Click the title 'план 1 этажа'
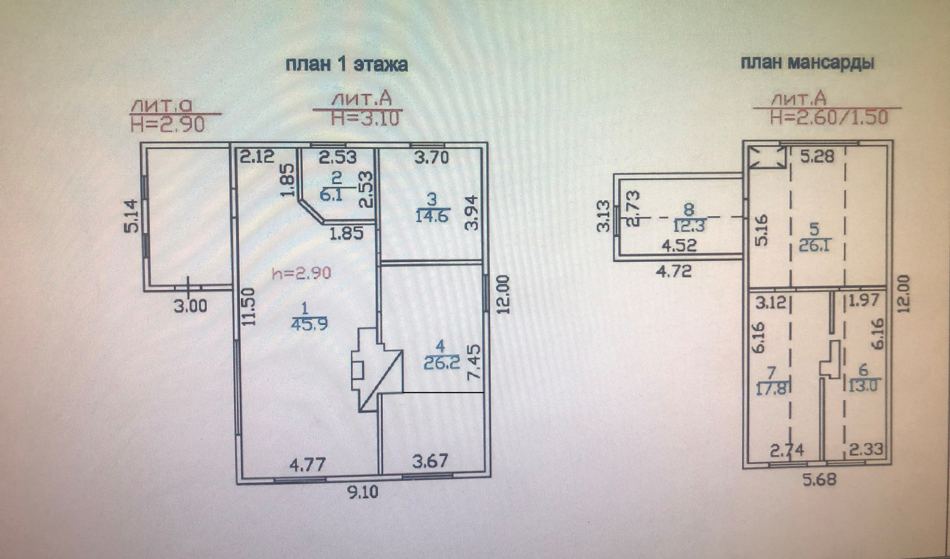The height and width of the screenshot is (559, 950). tap(346, 64)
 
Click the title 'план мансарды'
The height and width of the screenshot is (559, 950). tap(807, 63)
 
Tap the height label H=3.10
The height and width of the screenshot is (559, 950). tap(365, 119)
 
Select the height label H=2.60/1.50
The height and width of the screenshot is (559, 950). tap(829, 117)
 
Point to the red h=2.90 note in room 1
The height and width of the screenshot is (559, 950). tap(301, 273)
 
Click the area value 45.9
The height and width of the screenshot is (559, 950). tap(309, 325)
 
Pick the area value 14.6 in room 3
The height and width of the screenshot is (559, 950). tap(431, 216)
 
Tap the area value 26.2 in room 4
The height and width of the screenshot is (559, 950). tap(441, 363)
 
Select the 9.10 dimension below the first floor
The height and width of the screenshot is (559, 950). tap(362, 492)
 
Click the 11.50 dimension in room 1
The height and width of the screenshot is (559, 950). tap(249, 307)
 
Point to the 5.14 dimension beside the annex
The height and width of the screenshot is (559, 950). tap(132, 216)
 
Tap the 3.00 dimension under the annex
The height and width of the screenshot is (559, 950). tap(190, 306)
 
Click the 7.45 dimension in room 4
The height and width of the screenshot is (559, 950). tap(474, 362)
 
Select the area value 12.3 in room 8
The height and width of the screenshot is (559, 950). tap(689, 226)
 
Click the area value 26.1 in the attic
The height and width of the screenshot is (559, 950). tap(814, 245)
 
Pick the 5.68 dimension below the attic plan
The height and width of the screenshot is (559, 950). tap(819, 479)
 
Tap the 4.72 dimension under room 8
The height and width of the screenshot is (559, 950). tap(673, 271)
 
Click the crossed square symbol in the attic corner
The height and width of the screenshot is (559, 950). tap(767, 157)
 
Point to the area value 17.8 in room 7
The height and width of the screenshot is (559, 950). tap(771, 388)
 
